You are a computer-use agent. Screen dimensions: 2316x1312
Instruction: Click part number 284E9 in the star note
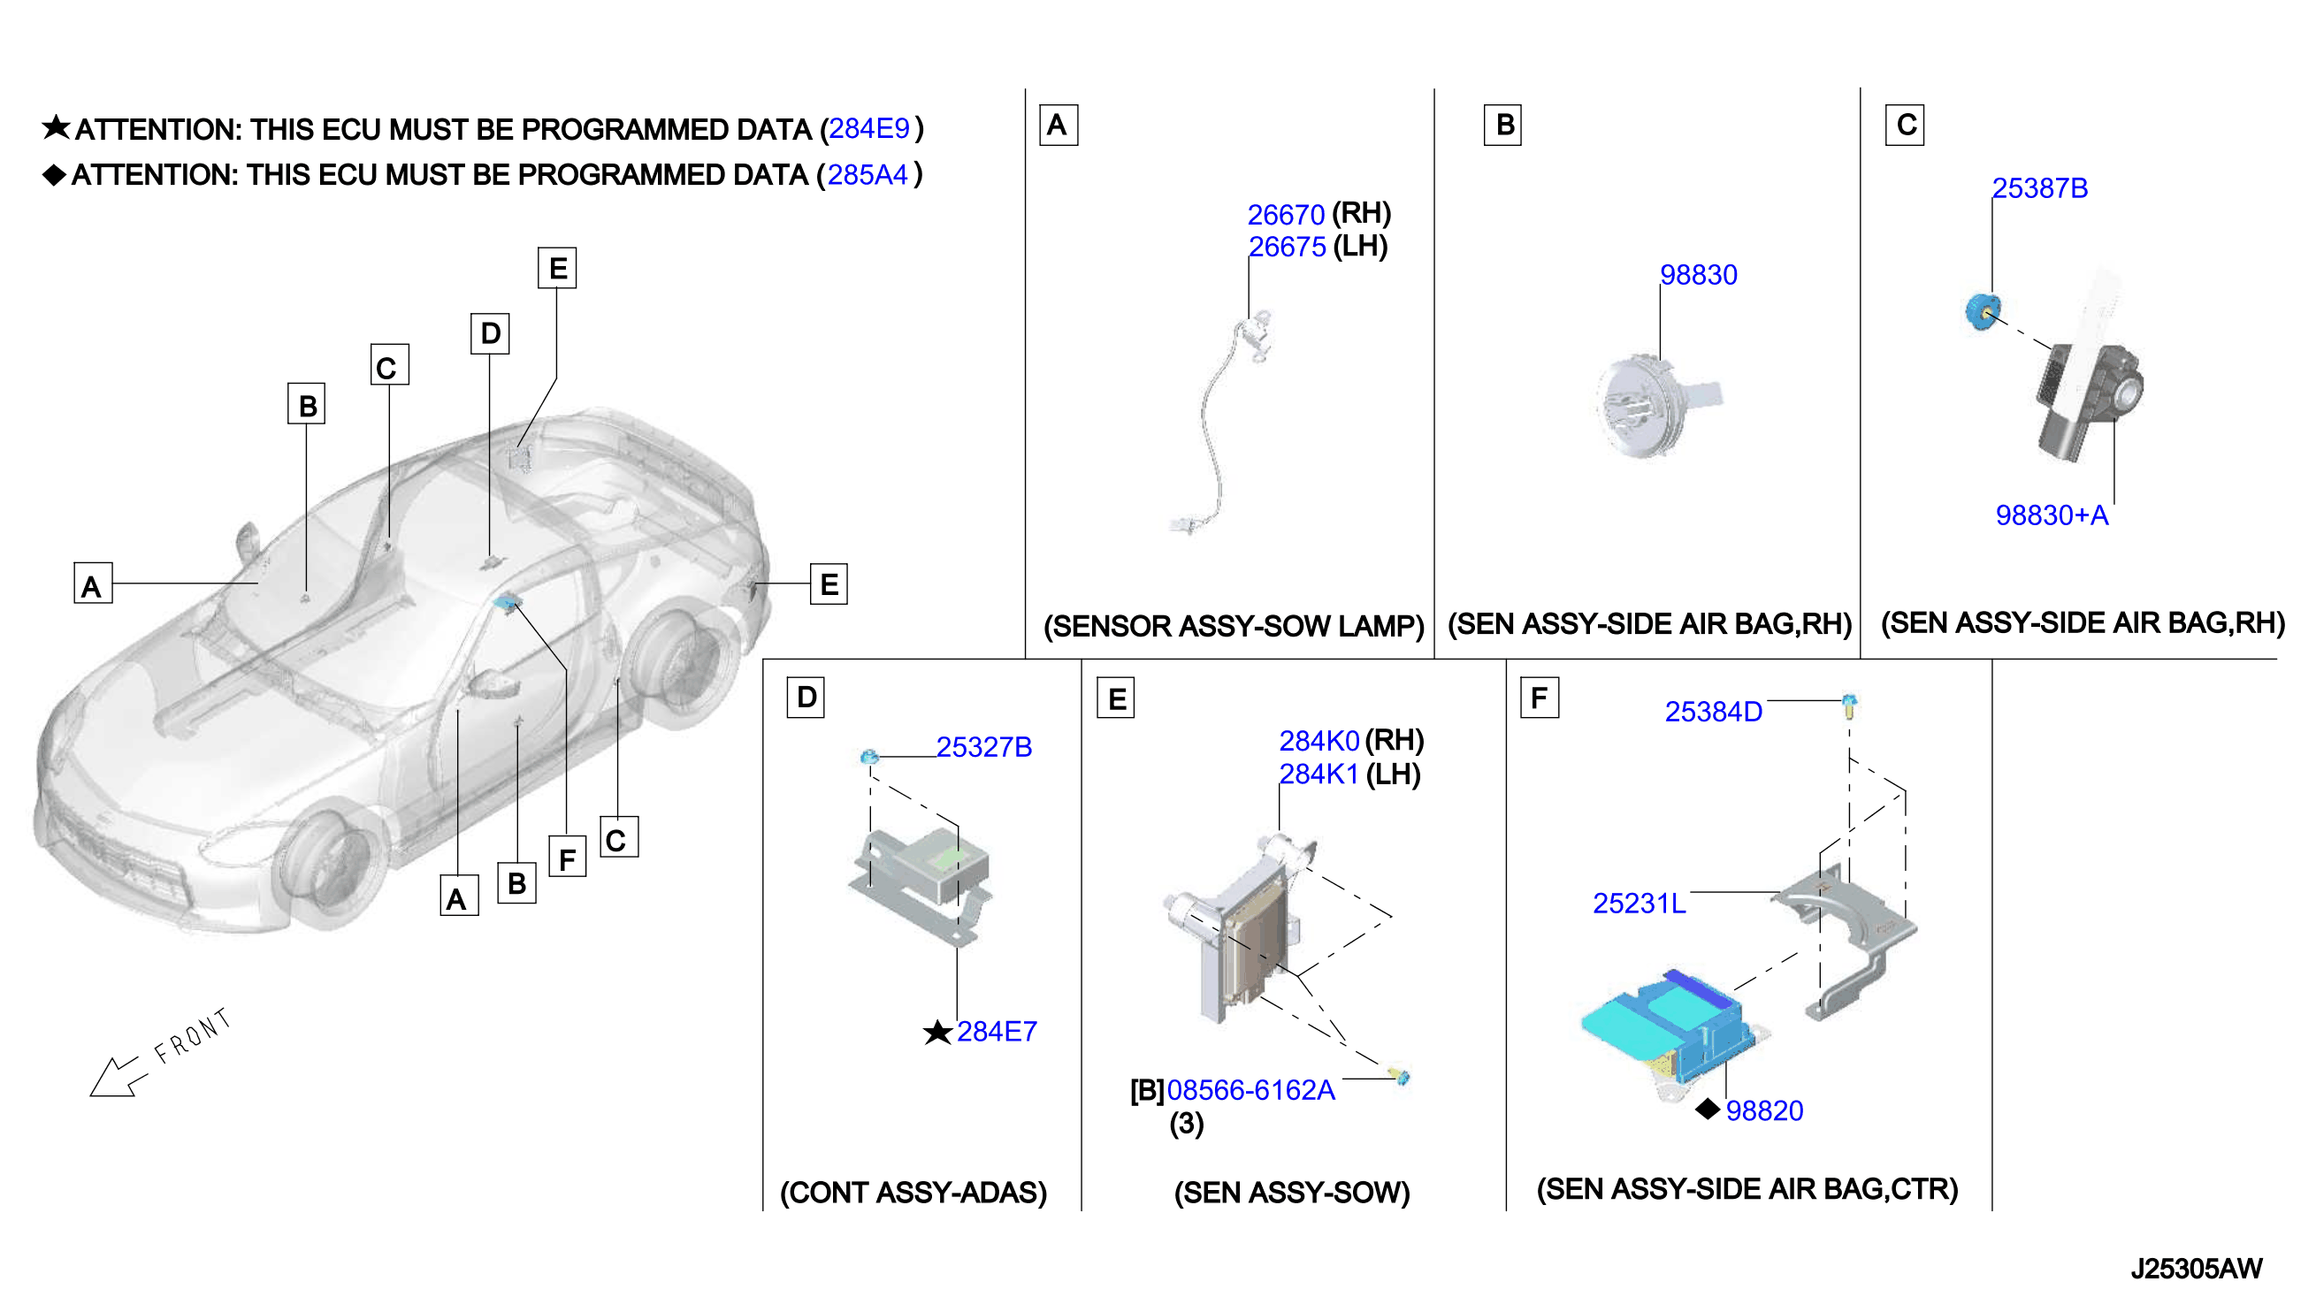point(868,129)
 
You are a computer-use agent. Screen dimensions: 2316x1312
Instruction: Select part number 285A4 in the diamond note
point(867,175)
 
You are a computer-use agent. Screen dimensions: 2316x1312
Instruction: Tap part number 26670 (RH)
point(1285,215)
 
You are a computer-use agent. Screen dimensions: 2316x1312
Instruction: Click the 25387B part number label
point(2039,188)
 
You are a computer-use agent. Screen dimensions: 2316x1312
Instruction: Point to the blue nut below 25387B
point(1983,312)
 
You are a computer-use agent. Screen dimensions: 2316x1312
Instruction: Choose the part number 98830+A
point(2052,515)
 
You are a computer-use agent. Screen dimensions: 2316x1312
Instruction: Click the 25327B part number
point(983,747)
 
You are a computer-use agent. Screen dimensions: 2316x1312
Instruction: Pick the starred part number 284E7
point(997,1032)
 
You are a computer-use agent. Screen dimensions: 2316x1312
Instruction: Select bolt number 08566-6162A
point(1250,1090)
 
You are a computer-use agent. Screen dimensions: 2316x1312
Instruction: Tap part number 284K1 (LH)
point(1319,774)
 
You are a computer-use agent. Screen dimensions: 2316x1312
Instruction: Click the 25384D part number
point(1713,712)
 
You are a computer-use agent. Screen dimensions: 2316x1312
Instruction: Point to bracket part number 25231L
point(1640,903)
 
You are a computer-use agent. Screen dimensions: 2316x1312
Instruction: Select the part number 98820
point(1764,1111)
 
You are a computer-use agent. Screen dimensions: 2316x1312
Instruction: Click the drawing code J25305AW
point(2196,1269)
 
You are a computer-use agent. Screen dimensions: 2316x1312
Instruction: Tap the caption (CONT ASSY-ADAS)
point(913,1192)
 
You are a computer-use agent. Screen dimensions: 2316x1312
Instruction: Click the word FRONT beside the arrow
point(193,1035)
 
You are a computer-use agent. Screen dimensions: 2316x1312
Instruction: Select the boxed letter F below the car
point(567,858)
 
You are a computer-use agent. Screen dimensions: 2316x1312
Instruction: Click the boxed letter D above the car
point(490,333)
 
